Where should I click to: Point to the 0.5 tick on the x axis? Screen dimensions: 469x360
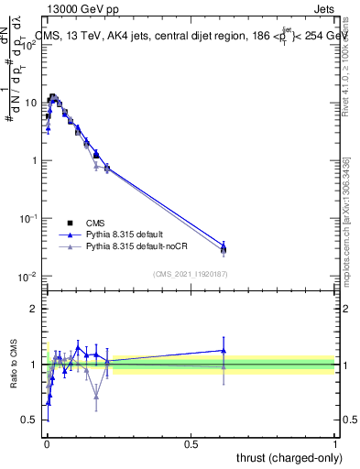[191, 442]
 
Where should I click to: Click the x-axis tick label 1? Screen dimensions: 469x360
[335, 442]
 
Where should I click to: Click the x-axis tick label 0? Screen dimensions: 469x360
[47, 442]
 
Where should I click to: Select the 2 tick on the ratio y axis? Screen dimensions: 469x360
[38, 309]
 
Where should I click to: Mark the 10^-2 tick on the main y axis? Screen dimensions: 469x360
[31, 277]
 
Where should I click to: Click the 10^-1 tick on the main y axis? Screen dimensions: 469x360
[31, 219]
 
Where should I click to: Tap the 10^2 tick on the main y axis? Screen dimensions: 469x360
[31, 45]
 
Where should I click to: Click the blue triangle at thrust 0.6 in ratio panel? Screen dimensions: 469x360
[223, 350]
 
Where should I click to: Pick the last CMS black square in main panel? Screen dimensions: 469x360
[223, 249]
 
